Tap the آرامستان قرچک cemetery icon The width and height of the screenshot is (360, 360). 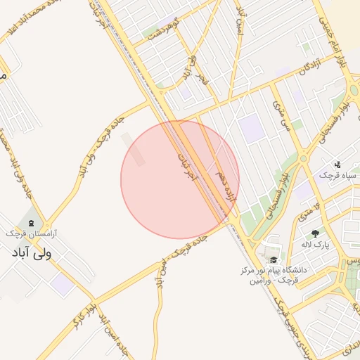click(31, 221)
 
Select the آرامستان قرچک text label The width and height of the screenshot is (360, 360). click(32, 233)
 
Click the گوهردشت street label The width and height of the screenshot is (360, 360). click(167, 32)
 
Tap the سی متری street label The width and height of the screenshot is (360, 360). click(285, 117)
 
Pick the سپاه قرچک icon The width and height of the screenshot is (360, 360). click(337, 163)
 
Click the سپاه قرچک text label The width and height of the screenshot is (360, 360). click(337, 174)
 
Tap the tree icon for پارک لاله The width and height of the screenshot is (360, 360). click(315, 233)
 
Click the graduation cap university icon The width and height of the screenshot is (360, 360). click(273, 259)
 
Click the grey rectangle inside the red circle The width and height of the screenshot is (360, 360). click(135, 150)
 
